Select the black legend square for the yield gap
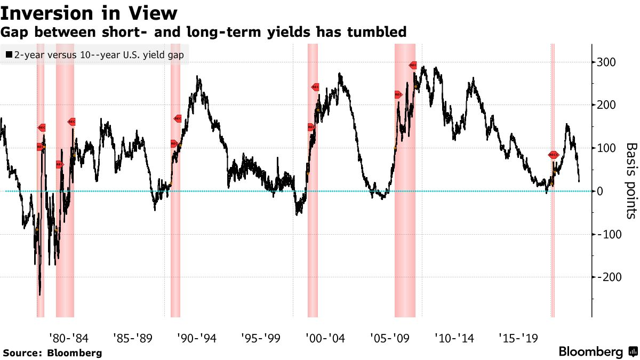pyautogui.click(x=9, y=55)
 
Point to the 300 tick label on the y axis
pyautogui.click(x=607, y=62)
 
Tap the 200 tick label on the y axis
pyautogui.click(x=607, y=105)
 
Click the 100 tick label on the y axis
pyautogui.click(x=607, y=148)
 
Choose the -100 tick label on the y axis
pyautogui.click(x=610, y=234)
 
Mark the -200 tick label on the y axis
pyautogui.click(x=610, y=277)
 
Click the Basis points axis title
pyautogui.click(x=631, y=180)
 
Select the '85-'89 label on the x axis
pyautogui.click(x=133, y=338)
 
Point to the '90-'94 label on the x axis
pyautogui.click(x=197, y=338)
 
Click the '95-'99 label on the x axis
pyautogui.click(x=261, y=338)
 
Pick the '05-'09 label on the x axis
pyautogui.click(x=390, y=338)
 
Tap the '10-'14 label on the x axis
pyautogui.click(x=454, y=338)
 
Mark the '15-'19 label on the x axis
pyautogui.click(x=518, y=338)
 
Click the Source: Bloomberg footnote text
pyautogui.click(x=52, y=353)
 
